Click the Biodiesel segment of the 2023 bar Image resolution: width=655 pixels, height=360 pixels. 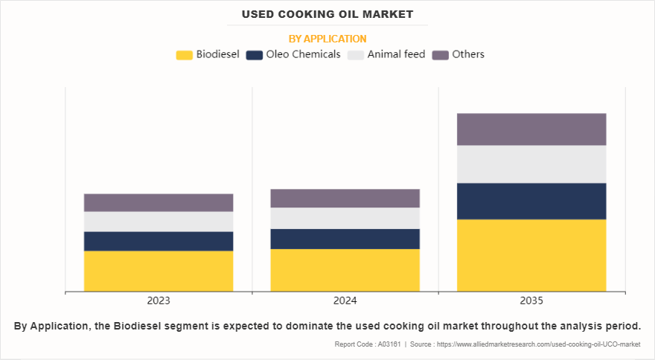pyautogui.click(x=159, y=271)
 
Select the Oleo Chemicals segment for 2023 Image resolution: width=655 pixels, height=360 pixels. pyautogui.click(x=159, y=241)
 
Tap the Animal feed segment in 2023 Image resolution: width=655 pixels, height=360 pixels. pyautogui.click(x=159, y=222)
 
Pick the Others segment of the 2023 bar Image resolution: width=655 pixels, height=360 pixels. pyautogui.click(x=159, y=202)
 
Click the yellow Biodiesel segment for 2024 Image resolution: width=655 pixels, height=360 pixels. pyautogui.click(x=345, y=270)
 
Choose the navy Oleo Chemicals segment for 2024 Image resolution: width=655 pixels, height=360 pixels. pyautogui.click(x=345, y=239)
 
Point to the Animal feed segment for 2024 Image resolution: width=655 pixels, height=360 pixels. pyautogui.click(x=345, y=218)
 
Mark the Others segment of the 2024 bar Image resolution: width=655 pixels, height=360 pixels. pyautogui.click(x=345, y=198)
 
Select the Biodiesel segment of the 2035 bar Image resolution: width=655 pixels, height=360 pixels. pyautogui.click(x=531, y=255)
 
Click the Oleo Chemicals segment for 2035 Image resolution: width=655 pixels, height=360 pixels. pyautogui.click(x=531, y=201)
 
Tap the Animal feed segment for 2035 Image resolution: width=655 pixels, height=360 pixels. pyautogui.click(x=531, y=164)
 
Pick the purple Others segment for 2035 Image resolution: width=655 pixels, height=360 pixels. pyautogui.click(x=531, y=129)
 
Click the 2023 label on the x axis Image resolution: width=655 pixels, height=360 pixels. pyautogui.click(x=159, y=301)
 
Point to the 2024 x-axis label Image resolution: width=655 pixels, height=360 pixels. pyautogui.click(x=345, y=301)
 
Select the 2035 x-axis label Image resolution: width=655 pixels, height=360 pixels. pyautogui.click(x=531, y=301)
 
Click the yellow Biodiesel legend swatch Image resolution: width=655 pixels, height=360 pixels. pyautogui.click(x=184, y=54)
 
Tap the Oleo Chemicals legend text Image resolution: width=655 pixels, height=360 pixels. pyautogui.click(x=303, y=54)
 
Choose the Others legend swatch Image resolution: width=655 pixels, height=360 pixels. pyautogui.click(x=441, y=54)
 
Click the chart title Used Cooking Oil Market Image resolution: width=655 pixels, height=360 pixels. pyautogui.click(x=327, y=14)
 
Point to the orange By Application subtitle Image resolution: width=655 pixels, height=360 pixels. pyautogui.click(x=327, y=39)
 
